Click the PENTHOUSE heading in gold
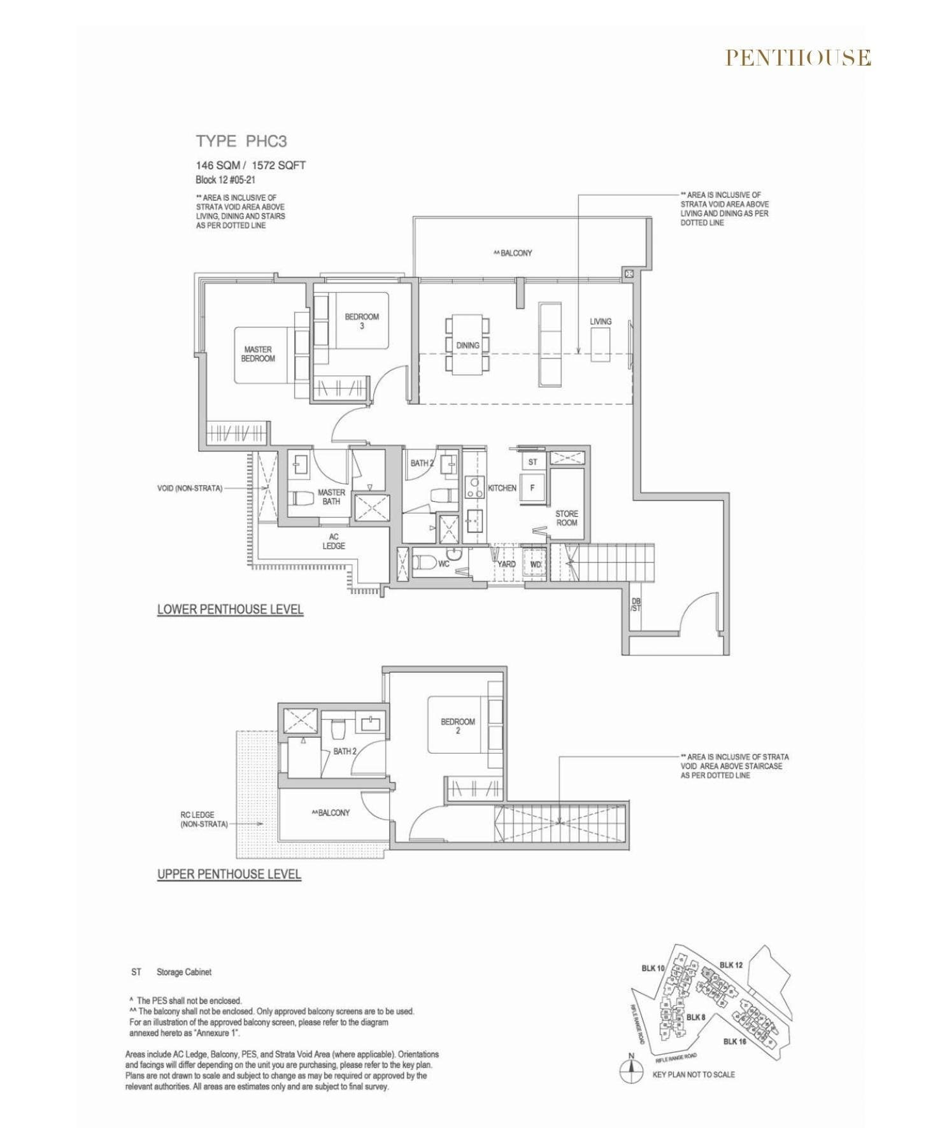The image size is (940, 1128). point(798,58)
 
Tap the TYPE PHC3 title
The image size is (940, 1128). point(241,141)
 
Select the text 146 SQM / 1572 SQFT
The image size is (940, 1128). point(250,166)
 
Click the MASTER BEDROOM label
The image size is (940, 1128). point(258,354)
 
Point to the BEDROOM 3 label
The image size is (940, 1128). point(362,321)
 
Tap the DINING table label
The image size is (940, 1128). point(467,346)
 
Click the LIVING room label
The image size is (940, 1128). point(601,321)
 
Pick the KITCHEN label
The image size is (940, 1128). point(502,488)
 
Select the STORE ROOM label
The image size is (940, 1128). point(566,518)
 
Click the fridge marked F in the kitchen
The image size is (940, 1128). point(533,488)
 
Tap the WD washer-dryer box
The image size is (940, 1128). point(536,565)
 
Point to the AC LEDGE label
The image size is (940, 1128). point(334,541)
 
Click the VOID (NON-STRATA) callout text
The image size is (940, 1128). point(190,489)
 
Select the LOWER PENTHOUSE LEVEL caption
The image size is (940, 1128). point(230,610)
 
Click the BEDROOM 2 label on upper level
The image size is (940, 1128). point(457,726)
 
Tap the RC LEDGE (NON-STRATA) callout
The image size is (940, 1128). point(204,819)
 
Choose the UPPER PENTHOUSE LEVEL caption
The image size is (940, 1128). point(229,875)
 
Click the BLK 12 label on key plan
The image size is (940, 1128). point(731,965)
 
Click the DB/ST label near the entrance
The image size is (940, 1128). point(636,605)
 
